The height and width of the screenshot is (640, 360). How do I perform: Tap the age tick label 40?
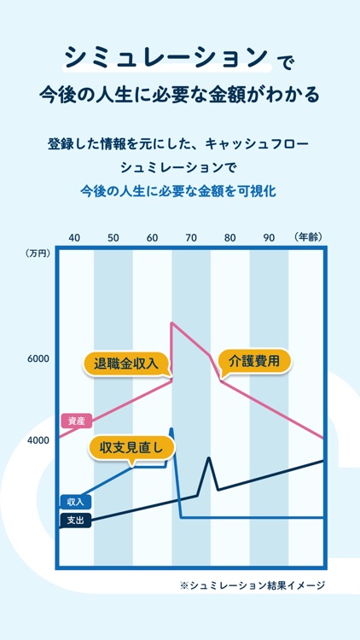tap(74, 236)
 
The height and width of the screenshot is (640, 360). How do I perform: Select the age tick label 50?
tap(113, 236)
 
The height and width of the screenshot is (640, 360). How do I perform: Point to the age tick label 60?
tap(152, 236)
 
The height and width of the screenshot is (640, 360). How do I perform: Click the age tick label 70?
tap(191, 236)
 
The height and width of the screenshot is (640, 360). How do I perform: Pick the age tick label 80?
tap(230, 236)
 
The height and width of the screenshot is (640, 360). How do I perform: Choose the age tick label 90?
tap(270, 236)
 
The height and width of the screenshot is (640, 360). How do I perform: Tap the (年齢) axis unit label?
tap(307, 236)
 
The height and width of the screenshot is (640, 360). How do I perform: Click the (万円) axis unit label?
tap(38, 253)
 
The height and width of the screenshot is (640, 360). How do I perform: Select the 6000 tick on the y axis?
tap(38, 359)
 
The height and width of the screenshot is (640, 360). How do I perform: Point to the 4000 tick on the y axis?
tap(38, 439)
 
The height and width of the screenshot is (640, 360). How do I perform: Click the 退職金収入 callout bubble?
tap(127, 364)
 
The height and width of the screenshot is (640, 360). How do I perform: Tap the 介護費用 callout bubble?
tap(254, 361)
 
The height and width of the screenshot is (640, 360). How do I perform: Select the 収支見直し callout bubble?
tap(131, 448)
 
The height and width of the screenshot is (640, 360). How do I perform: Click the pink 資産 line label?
tap(75, 421)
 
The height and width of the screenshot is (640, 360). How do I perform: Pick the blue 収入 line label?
tap(75, 502)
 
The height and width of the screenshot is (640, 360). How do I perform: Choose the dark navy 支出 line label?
tap(75, 520)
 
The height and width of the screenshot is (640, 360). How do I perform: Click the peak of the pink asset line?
tap(172, 323)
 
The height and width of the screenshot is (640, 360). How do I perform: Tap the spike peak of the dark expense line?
tap(208, 458)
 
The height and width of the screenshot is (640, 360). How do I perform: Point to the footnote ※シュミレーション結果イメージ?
tap(253, 585)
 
